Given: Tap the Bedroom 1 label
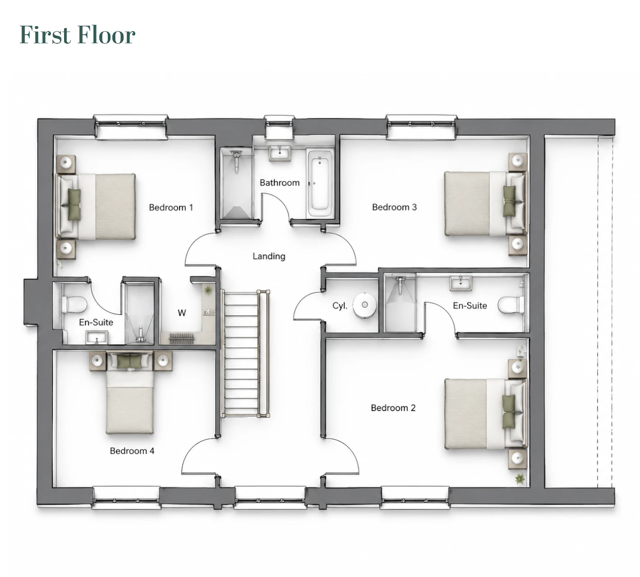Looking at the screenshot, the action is pyautogui.click(x=171, y=208).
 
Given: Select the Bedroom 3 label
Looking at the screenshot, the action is pyautogui.click(x=394, y=207).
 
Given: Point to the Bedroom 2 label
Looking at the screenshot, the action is pyautogui.click(x=393, y=408).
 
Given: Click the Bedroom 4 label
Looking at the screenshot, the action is pyautogui.click(x=132, y=451).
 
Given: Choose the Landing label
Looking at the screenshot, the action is pyautogui.click(x=269, y=256).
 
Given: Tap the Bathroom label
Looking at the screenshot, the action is pyautogui.click(x=280, y=183).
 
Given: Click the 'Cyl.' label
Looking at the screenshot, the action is pyautogui.click(x=340, y=306).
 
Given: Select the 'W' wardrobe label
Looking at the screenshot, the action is pyautogui.click(x=182, y=313).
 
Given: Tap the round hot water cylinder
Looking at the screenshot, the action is pyautogui.click(x=364, y=305).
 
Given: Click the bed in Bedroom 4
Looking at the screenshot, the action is pyautogui.click(x=130, y=393).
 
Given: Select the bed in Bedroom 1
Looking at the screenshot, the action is pyautogui.click(x=96, y=206).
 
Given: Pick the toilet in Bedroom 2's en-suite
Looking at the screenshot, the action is pyautogui.click(x=511, y=305).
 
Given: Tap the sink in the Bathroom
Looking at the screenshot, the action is pyautogui.click(x=280, y=154).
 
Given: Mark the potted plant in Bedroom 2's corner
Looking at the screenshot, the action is pyautogui.click(x=520, y=479).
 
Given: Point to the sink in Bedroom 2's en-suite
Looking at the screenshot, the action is pyautogui.click(x=460, y=283).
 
